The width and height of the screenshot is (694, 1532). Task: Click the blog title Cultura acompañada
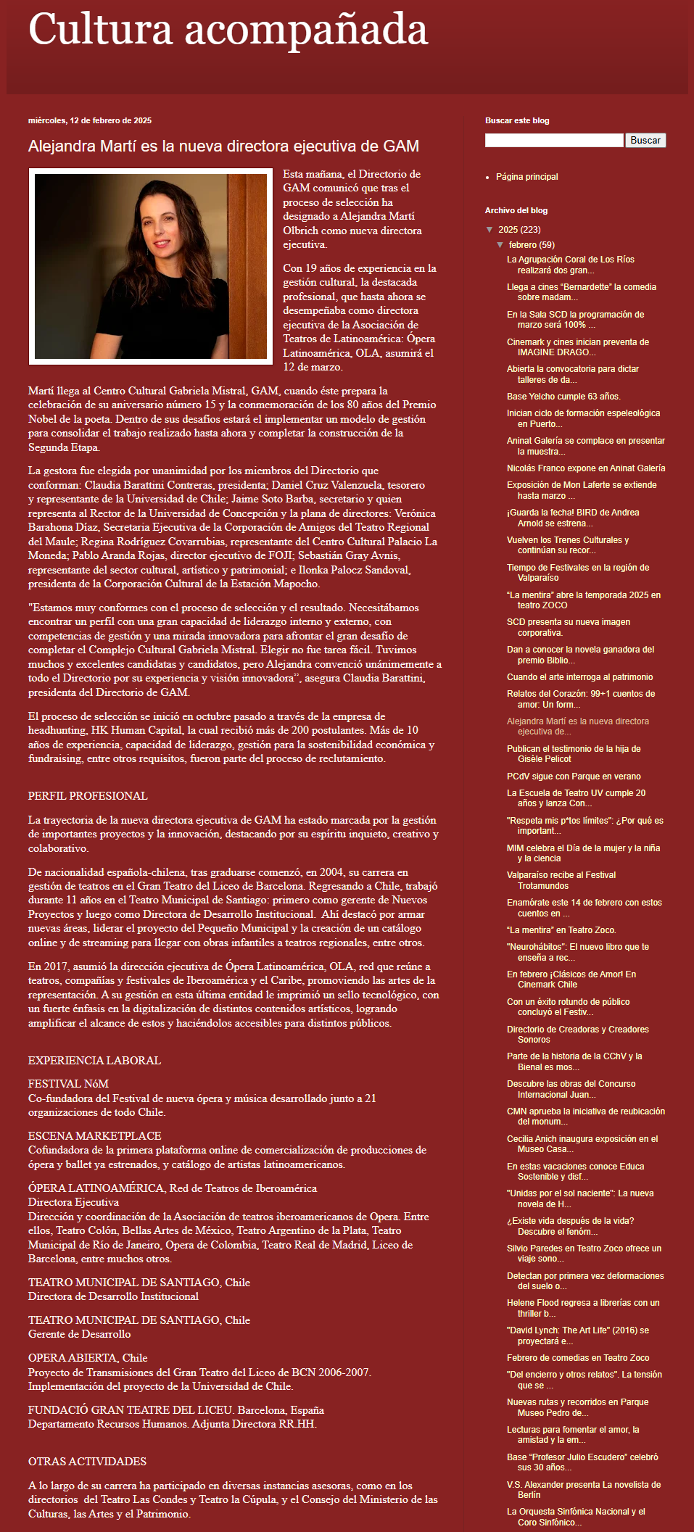[x=228, y=31]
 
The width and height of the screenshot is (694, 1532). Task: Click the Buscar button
[x=645, y=141]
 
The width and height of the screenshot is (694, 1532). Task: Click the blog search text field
[x=554, y=141]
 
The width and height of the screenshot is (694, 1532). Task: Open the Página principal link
[x=526, y=177]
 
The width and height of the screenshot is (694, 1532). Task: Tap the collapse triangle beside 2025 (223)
[x=489, y=230]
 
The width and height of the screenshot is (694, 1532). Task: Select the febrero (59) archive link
[x=531, y=245]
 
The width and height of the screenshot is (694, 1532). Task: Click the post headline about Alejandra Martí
[x=223, y=146]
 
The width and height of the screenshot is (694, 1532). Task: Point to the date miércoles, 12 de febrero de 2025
[x=90, y=121]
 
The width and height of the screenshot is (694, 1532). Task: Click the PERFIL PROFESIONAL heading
[x=88, y=796]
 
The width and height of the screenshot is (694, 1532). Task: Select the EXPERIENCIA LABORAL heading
[x=94, y=1061]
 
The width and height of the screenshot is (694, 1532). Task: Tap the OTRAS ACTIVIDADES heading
[x=87, y=1462]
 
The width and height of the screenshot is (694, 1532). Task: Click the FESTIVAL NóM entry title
[x=68, y=1084]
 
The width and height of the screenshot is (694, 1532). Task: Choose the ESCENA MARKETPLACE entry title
[x=94, y=1136]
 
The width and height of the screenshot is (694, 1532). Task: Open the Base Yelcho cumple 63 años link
[x=563, y=397]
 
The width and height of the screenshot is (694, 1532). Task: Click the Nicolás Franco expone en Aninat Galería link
[x=585, y=468]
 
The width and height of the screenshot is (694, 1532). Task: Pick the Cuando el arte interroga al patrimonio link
[x=579, y=677]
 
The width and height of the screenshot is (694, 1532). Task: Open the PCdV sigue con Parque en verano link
[x=573, y=777]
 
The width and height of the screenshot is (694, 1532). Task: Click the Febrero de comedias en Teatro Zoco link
[x=577, y=1358]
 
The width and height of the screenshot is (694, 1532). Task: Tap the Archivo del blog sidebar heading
[x=516, y=211]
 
